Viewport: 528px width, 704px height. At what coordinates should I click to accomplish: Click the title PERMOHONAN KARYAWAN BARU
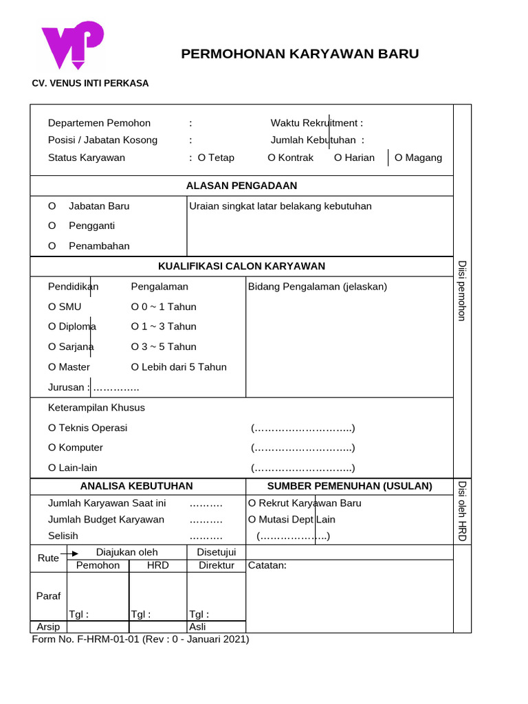click(x=300, y=54)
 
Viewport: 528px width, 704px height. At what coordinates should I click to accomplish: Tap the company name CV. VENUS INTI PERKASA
click(x=90, y=83)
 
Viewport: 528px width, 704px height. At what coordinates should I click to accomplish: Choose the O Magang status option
click(x=418, y=157)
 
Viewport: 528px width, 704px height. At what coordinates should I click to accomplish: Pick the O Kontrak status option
click(x=290, y=157)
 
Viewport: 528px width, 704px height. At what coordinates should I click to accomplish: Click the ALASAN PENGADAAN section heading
click(x=241, y=186)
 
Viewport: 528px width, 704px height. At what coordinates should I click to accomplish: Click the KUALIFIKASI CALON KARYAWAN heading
click(x=241, y=266)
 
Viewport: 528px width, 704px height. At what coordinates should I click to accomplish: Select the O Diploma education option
click(x=72, y=327)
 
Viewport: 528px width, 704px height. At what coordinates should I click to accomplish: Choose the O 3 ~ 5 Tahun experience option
click(x=164, y=346)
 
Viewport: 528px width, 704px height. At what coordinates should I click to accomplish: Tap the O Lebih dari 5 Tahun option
click(x=179, y=366)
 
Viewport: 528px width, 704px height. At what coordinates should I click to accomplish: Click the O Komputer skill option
click(x=76, y=448)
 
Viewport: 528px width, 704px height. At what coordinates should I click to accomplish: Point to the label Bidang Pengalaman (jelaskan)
click(x=318, y=286)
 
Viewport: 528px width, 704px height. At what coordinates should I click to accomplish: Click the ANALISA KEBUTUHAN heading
click(x=137, y=486)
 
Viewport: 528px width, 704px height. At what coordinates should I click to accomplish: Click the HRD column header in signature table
click(x=157, y=565)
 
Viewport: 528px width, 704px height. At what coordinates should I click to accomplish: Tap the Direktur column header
click(x=216, y=565)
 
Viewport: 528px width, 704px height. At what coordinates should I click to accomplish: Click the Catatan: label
click(x=267, y=565)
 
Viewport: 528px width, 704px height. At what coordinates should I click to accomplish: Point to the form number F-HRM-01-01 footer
click(x=140, y=639)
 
